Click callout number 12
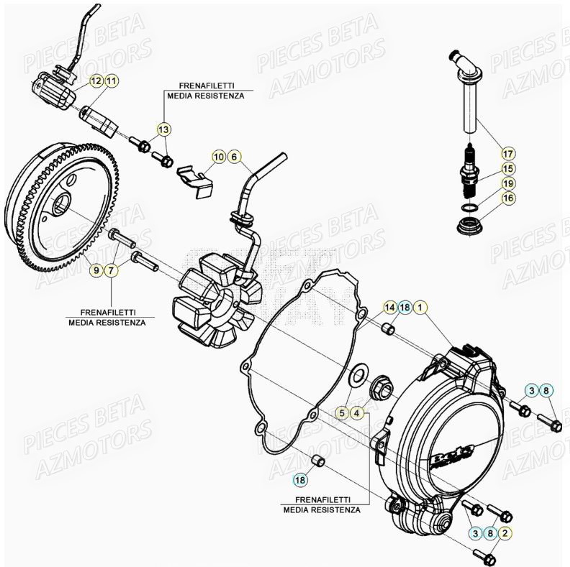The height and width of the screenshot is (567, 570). pyautogui.click(x=96, y=81)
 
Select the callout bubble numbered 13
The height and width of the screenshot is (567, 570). pyautogui.click(x=163, y=129)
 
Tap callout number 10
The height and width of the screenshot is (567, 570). pyautogui.click(x=218, y=156)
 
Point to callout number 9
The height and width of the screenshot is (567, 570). pyautogui.click(x=96, y=270)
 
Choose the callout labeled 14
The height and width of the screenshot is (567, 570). pyautogui.click(x=389, y=308)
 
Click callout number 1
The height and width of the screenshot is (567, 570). pyautogui.click(x=420, y=308)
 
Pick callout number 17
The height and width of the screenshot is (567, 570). pyautogui.click(x=508, y=154)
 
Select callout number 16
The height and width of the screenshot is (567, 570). pyautogui.click(x=508, y=198)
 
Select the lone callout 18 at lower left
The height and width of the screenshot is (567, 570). pyautogui.click(x=299, y=478)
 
